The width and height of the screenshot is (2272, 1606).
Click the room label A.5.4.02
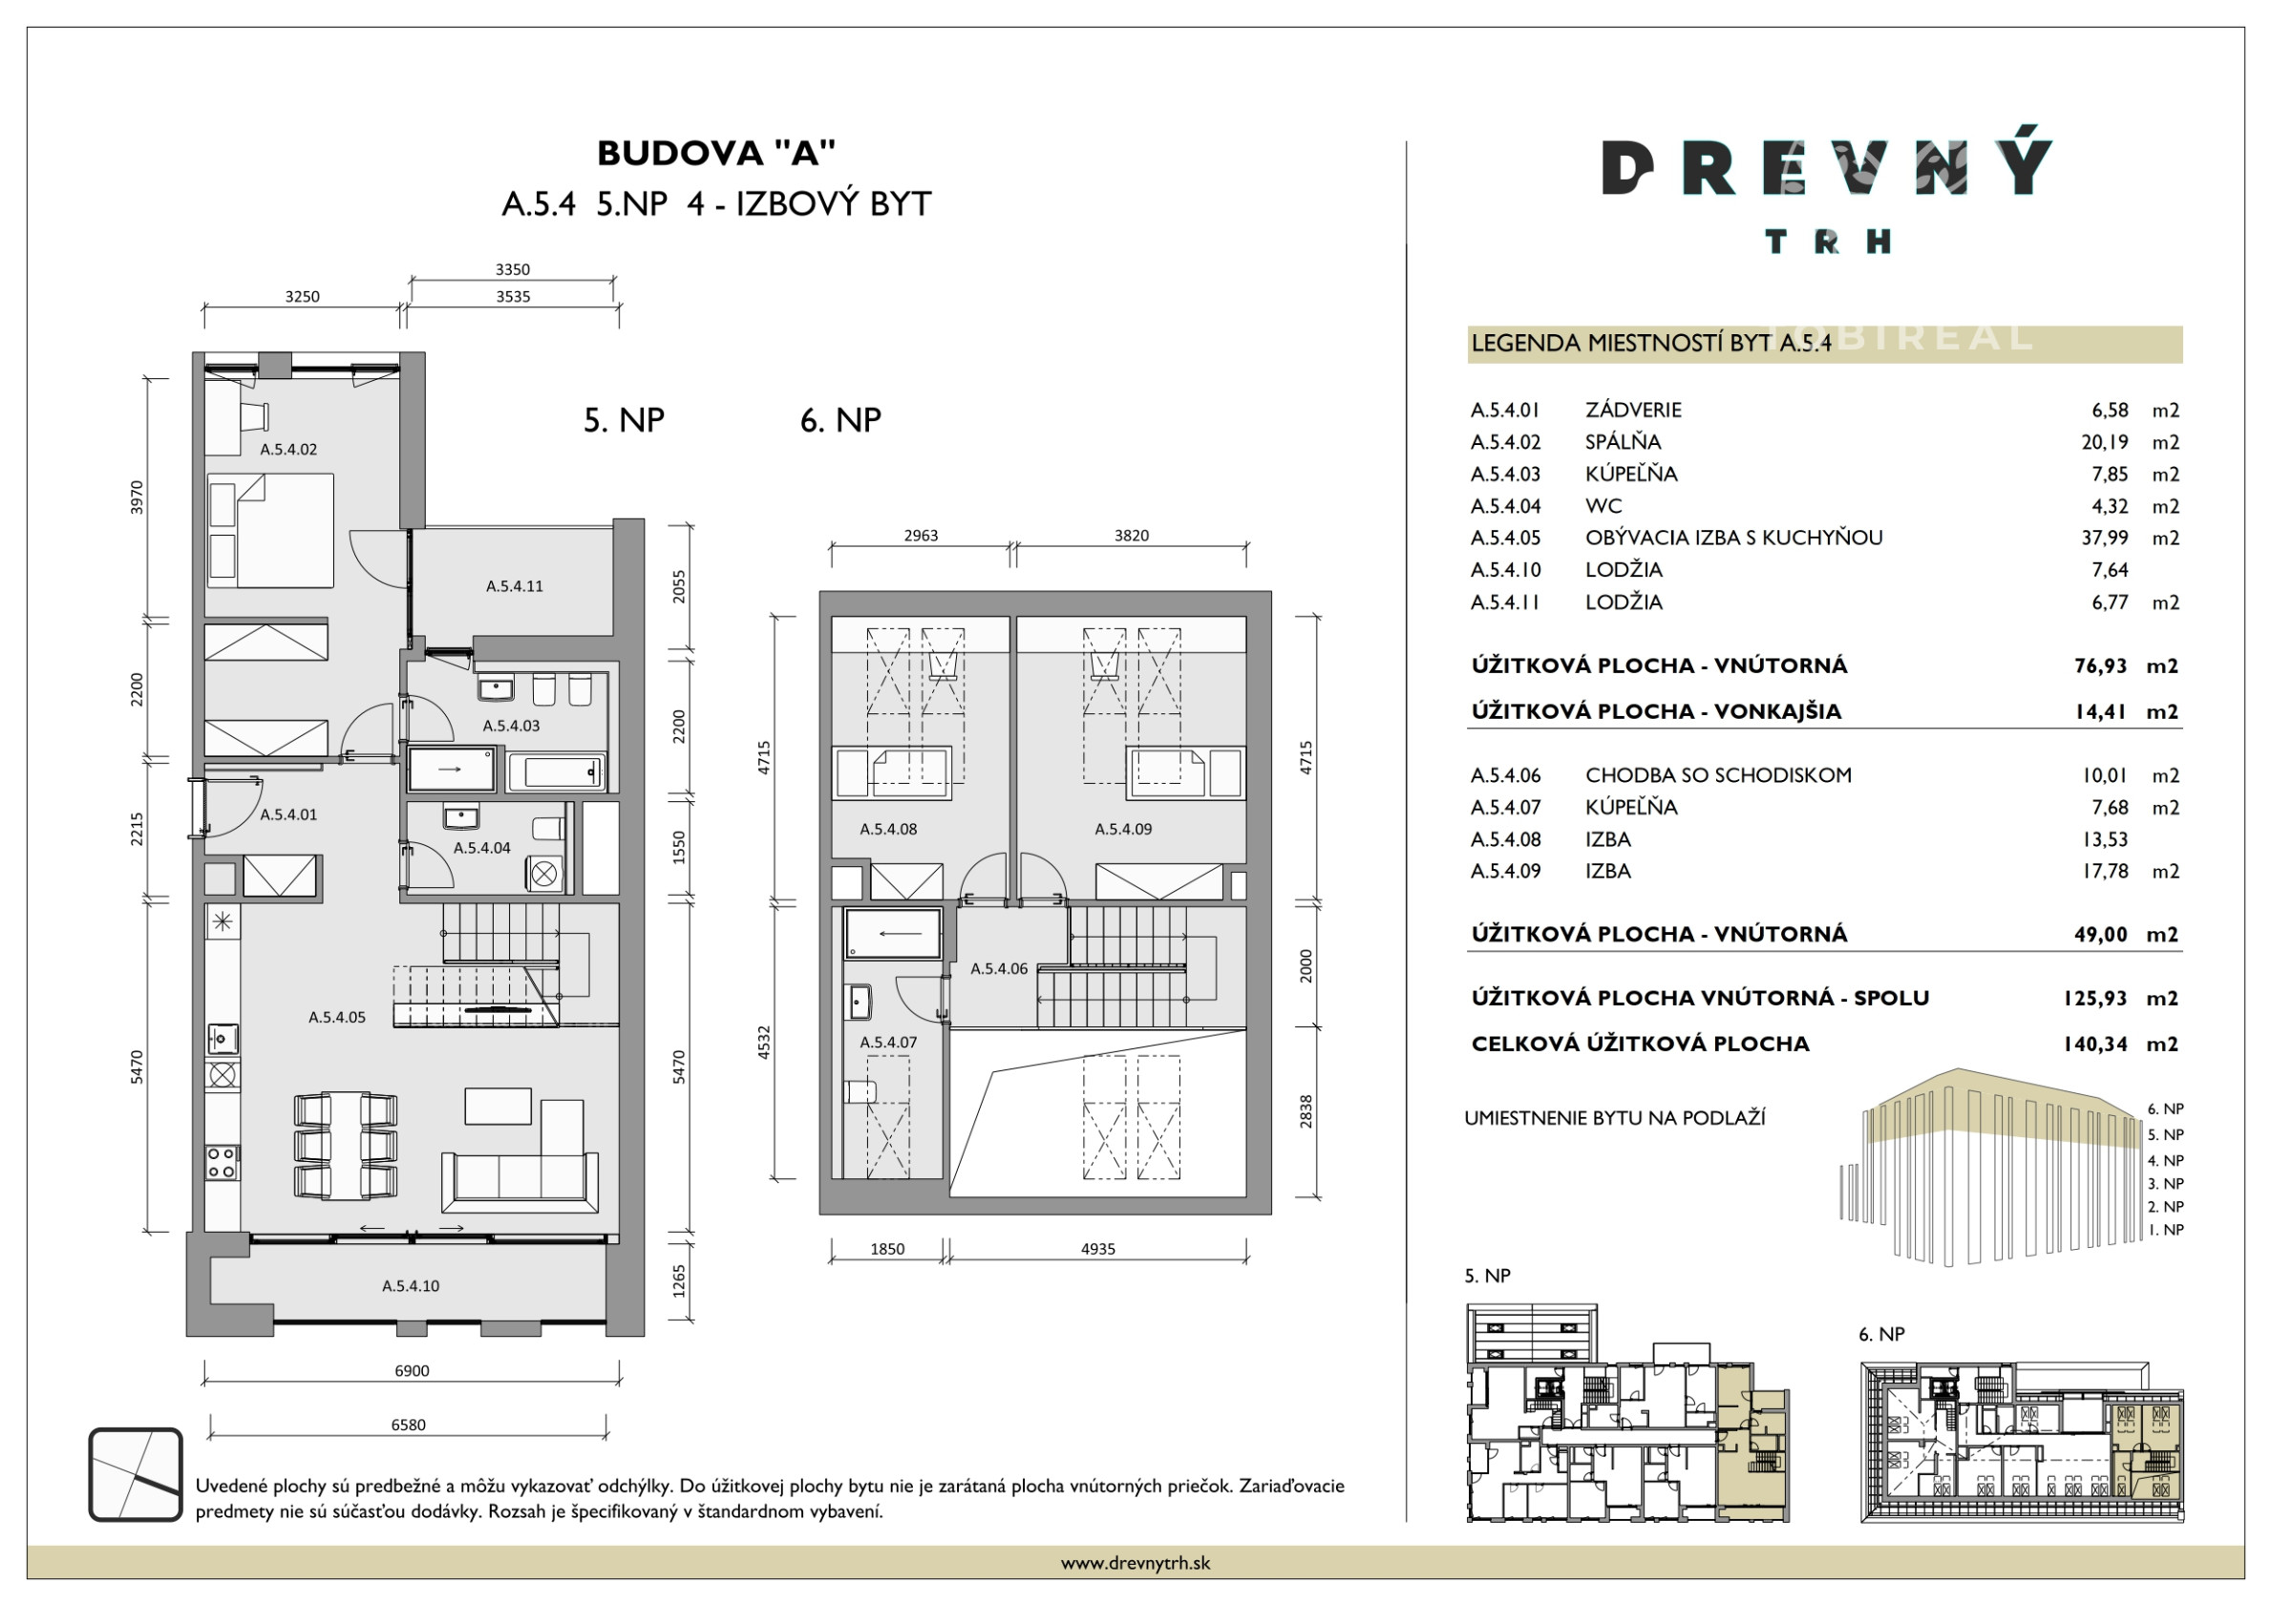(288, 450)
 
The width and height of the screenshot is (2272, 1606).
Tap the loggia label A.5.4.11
(514, 586)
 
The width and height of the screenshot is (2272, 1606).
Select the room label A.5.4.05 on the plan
(336, 1016)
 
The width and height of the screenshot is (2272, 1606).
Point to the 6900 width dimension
(412, 1370)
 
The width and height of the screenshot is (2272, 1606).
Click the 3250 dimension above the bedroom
(302, 297)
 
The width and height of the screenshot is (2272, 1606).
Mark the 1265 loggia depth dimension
(679, 1281)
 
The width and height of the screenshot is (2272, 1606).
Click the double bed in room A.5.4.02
(270, 530)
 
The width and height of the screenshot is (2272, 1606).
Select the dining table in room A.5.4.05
(347, 1146)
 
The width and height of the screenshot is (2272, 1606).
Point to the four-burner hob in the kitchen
(223, 1163)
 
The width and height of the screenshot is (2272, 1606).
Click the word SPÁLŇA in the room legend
(1623, 441)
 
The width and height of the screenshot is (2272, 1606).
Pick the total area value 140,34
(2095, 1044)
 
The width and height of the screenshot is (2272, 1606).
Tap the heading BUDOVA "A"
(716, 153)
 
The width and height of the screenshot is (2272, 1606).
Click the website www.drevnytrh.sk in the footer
(1135, 1563)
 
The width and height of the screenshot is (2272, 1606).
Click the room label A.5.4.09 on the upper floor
(1123, 829)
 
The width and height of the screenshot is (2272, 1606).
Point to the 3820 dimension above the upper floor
(1131, 536)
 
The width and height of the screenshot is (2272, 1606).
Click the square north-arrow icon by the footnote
(136, 1474)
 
